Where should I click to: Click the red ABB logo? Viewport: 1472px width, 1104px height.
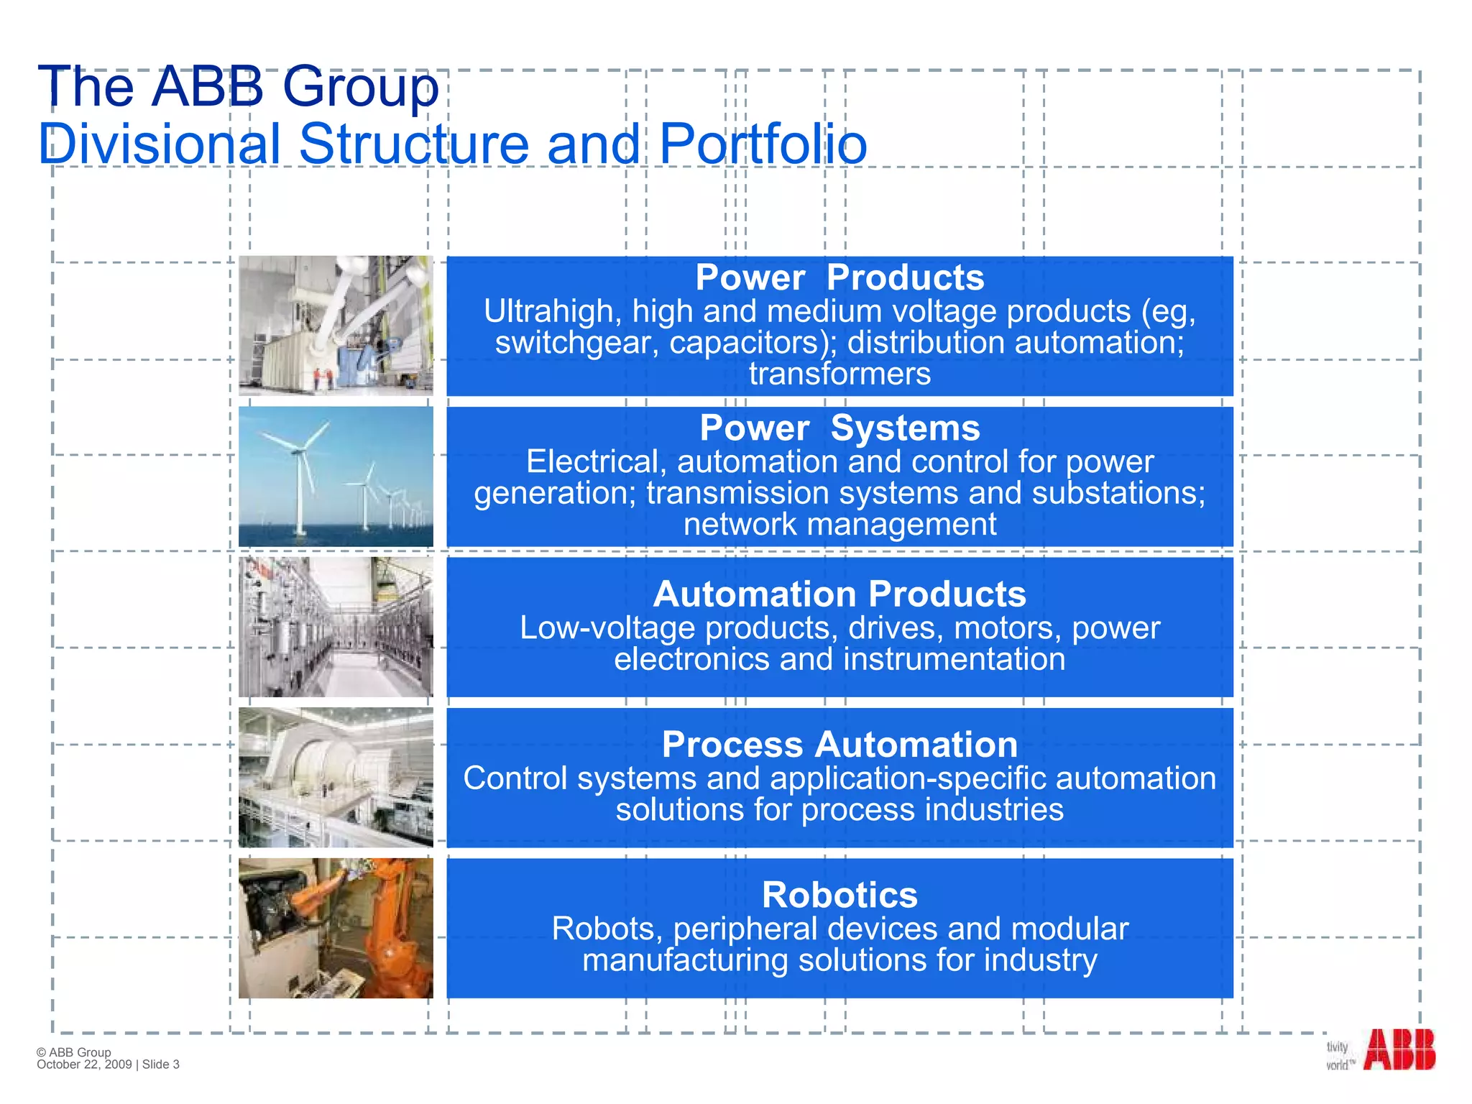1399,1049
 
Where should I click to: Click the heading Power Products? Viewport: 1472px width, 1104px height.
839,277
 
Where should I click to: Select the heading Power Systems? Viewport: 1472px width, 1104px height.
839,428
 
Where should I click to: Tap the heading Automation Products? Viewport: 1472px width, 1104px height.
839,594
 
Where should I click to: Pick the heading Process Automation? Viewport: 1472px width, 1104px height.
839,745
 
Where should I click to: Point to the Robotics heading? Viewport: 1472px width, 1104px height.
839,896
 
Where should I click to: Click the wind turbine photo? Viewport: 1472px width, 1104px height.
336,477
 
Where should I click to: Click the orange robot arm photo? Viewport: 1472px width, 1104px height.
336,928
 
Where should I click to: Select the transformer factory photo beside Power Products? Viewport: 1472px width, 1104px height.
336,326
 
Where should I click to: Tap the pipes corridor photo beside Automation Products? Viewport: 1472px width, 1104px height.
336,627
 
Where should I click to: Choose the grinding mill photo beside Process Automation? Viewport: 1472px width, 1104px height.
336,777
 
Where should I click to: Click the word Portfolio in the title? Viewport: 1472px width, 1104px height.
763,144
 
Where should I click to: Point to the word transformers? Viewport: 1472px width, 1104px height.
839,374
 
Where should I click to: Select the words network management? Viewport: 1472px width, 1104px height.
839,525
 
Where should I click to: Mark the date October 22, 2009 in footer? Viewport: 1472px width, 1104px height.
84,1064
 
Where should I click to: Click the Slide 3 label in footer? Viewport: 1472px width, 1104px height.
161,1064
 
